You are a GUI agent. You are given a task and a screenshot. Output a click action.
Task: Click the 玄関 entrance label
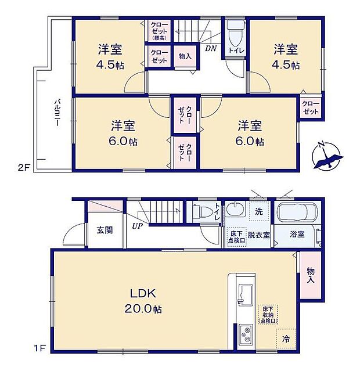click(105, 229)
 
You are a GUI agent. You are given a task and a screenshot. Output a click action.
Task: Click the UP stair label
click(138, 225)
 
